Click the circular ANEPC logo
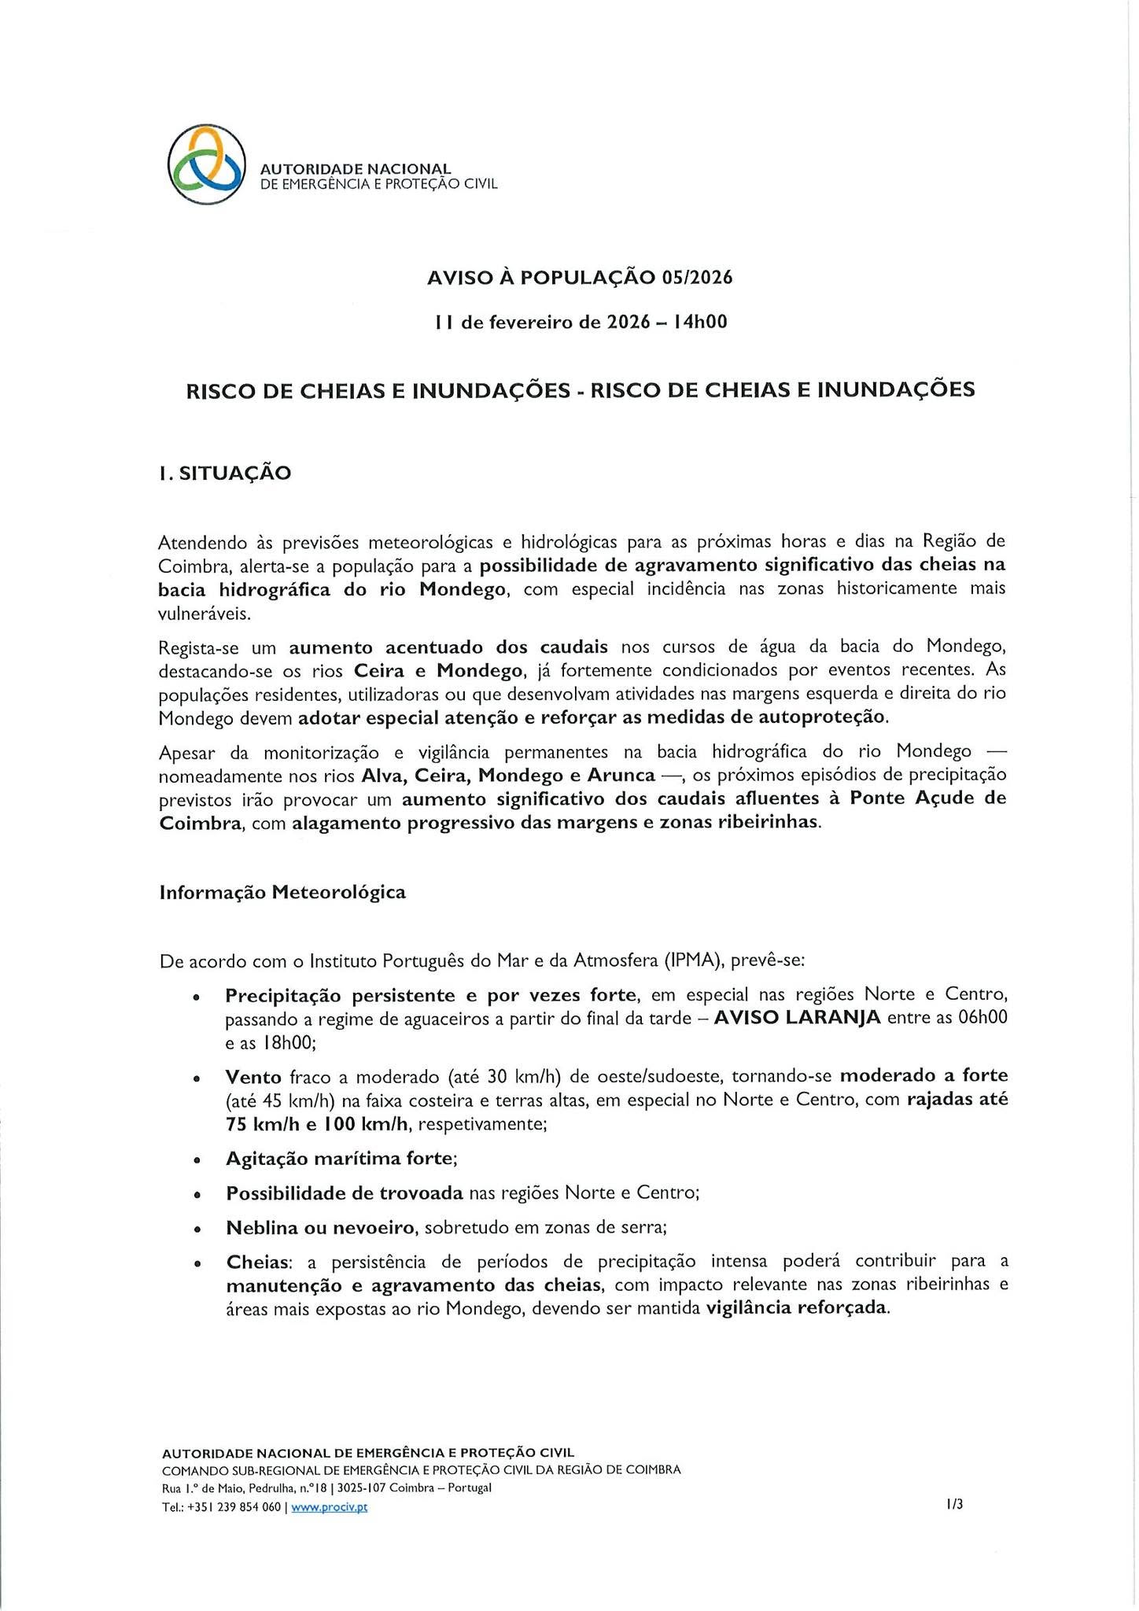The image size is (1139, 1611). tap(207, 164)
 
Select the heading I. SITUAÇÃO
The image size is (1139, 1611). tap(225, 473)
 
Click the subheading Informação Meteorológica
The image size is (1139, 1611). tap(282, 892)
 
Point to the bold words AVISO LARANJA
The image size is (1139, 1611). tap(797, 1018)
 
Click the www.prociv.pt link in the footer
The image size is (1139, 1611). tap(329, 1507)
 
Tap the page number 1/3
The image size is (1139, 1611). tap(955, 1504)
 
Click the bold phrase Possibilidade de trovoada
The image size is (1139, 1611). tap(344, 1193)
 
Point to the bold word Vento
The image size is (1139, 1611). tap(253, 1075)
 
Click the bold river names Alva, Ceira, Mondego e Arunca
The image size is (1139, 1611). tap(508, 775)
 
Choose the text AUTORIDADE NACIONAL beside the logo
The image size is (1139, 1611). tap(356, 169)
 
